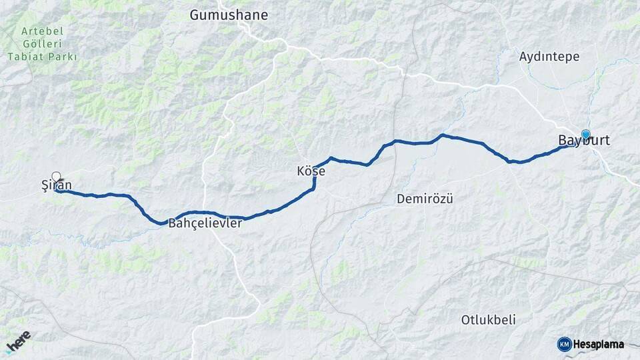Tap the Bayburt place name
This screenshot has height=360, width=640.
tap(584, 141)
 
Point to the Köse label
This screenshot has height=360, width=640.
tap(311, 171)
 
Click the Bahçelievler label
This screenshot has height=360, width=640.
tap(205, 223)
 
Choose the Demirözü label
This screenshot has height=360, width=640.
tap(425, 199)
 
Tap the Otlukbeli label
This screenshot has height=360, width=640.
tap(488, 320)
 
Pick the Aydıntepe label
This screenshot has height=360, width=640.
tap(549, 57)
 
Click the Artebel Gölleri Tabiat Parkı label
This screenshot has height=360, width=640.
tap(42, 44)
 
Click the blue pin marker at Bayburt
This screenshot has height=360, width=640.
tap(586, 134)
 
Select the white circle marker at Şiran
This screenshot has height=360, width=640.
tap(56, 177)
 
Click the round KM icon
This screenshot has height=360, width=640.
tap(564, 344)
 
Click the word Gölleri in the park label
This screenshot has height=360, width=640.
tap(42, 44)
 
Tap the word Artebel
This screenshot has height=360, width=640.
tap(41, 31)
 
